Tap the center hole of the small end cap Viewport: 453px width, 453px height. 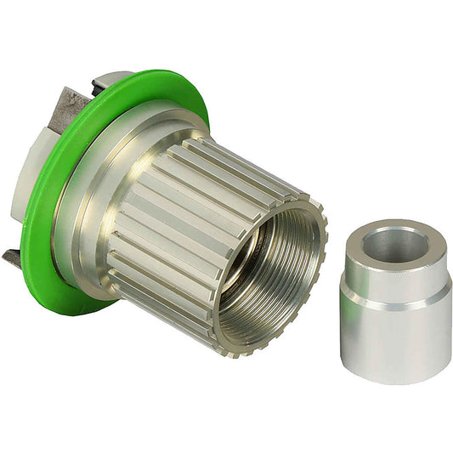pyautogui.click(x=394, y=245)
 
